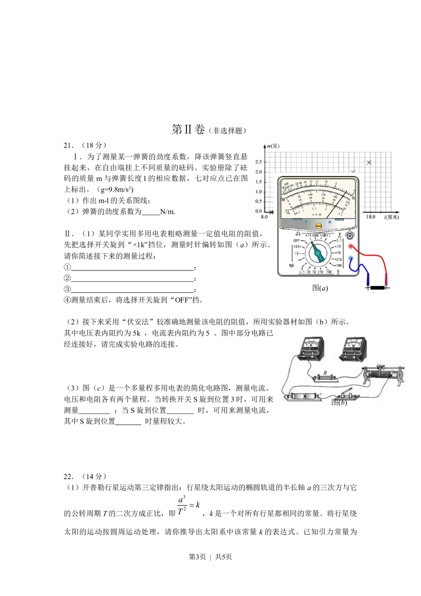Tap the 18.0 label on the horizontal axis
coord(370,217)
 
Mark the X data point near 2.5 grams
coord(369,163)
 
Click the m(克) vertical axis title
coord(272,146)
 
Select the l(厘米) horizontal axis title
coord(391,217)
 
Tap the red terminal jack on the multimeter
coord(351,247)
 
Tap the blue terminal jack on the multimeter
coord(351,258)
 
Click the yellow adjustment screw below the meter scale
coord(319,226)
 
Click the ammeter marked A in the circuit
coord(310,348)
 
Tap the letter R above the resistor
coord(325,373)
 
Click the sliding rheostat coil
coord(383,375)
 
